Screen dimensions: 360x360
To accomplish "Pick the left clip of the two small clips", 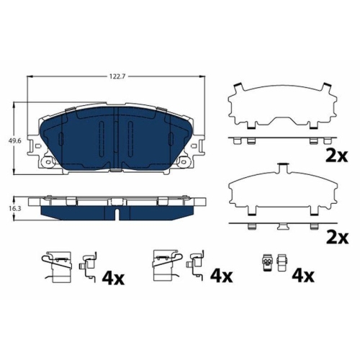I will (x=268, y=262).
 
